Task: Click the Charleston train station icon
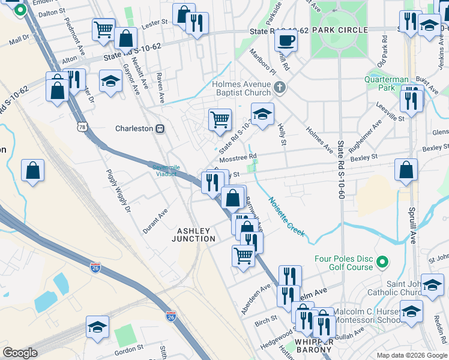coord(160,128)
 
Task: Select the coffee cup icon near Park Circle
coord(286,41)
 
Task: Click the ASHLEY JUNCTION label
coord(194,235)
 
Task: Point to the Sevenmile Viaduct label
coord(164,170)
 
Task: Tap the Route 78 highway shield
coord(82,127)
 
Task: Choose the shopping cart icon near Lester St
coord(103,29)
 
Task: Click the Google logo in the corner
coord(20,353)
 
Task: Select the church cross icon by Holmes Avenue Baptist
coord(279,88)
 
